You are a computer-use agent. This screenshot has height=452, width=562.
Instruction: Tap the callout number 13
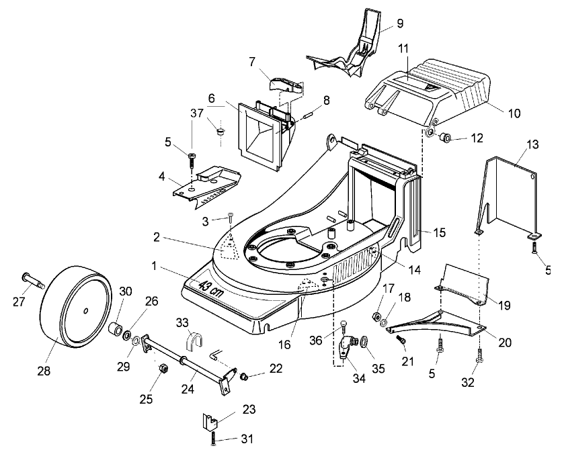(532, 144)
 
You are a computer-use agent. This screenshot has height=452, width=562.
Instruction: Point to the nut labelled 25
(162, 369)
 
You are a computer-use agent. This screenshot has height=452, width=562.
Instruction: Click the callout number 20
(505, 342)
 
